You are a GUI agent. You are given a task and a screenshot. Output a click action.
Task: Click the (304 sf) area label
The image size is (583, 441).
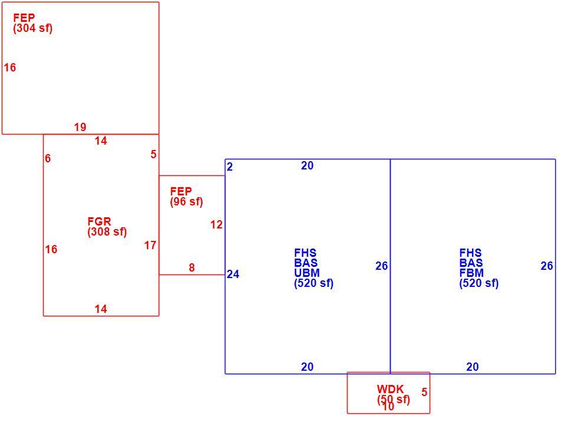click(32, 28)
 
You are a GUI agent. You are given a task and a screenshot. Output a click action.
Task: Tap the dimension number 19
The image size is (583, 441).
click(80, 127)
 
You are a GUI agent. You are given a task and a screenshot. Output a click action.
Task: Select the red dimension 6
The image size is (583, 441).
click(48, 158)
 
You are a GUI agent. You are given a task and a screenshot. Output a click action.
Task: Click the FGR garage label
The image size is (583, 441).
click(99, 221)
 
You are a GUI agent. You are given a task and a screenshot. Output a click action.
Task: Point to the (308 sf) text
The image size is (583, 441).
click(107, 232)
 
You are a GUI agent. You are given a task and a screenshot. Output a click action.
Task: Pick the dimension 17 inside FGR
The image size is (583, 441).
click(150, 246)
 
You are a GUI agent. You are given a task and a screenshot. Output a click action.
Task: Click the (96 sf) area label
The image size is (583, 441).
click(186, 202)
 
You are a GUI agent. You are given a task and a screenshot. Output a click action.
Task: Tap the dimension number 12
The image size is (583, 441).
click(217, 224)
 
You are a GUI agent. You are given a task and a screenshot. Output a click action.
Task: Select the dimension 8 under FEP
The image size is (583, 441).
click(192, 267)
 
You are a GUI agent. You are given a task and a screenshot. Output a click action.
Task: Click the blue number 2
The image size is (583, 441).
click(230, 166)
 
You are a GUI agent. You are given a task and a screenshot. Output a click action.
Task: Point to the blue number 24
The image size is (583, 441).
click(233, 274)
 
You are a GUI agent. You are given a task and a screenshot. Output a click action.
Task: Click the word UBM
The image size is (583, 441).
click(307, 273)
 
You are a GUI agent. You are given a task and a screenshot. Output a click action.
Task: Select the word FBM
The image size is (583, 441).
click(471, 273)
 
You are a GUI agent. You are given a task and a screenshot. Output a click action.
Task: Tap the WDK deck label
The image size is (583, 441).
click(390, 389)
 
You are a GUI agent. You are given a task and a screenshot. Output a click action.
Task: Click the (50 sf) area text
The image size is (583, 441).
click(394, 400)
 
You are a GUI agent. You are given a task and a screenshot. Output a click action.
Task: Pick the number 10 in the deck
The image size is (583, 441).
click(388, 407)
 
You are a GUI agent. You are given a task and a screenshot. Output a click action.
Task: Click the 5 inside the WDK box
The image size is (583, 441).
click(424, 392)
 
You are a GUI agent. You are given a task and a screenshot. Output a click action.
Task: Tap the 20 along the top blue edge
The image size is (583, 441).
click(307, 165)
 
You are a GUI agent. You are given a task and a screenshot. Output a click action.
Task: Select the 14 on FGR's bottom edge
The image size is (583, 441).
click(101, 309)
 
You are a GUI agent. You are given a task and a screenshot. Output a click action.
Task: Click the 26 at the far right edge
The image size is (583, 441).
click(546, 266)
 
